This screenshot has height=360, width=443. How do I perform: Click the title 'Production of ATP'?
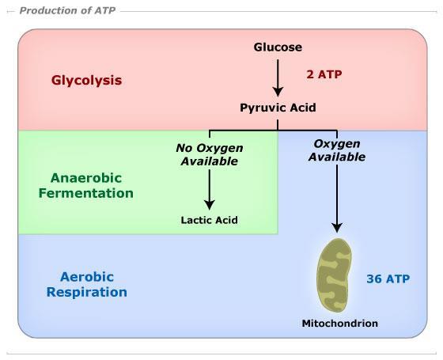[67, 11]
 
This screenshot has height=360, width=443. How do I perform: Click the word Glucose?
[278, 47]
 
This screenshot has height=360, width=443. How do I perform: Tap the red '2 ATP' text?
[324, 74]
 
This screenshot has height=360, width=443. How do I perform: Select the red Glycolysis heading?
[86, 81]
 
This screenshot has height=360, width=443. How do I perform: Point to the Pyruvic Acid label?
[278, 108]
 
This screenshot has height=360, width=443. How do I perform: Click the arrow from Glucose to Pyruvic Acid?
[278, 78]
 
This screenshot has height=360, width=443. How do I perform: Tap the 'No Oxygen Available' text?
[210, 154]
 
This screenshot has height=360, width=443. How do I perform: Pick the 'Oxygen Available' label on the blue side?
[337, 150]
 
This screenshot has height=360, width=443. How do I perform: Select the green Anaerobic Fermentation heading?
[86, 186]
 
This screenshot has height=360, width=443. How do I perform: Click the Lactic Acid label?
[209, 220]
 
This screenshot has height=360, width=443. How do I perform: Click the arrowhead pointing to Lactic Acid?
[210, 205]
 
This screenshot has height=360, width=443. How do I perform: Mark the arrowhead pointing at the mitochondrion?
[337, 228]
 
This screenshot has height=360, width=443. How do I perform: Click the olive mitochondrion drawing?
[334, 275]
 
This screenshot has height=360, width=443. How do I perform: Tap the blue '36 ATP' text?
[388, 279]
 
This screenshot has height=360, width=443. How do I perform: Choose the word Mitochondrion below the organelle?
[340, 324]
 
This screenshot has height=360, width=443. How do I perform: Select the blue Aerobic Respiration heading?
[87, 284]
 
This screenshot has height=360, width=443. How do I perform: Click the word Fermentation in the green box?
[86, 193]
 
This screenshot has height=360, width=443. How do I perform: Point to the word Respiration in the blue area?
[87, 292]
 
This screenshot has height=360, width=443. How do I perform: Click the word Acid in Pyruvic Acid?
[303, 108]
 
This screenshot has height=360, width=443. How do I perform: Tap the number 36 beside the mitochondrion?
[373, 279]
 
